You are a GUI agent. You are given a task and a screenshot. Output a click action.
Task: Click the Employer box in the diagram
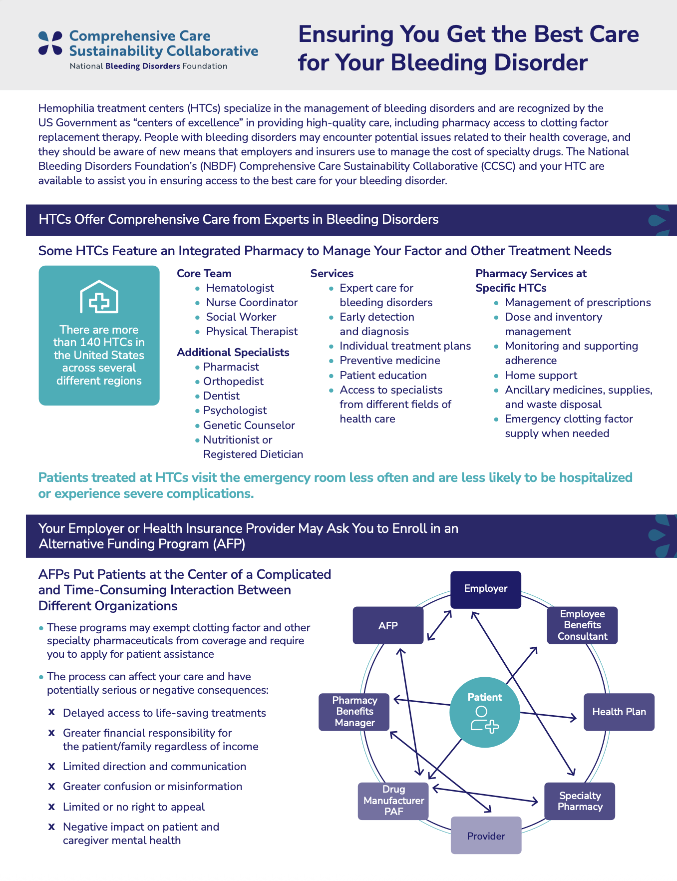(x=486, y=589)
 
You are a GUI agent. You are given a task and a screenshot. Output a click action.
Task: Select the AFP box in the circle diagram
(x=388, y=625)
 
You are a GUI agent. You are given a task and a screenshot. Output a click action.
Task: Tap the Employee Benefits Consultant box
(x=582, y=625)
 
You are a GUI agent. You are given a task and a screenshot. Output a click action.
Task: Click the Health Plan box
(x=619, y=712)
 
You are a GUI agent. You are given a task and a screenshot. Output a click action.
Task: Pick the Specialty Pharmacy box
(x=580, y=801)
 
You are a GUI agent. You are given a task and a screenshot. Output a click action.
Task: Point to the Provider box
(x=486, y=836)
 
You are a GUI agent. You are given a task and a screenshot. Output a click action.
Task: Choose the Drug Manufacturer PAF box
(x=393, y=801)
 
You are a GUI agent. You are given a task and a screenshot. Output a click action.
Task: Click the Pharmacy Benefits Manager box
(x=354, y=712)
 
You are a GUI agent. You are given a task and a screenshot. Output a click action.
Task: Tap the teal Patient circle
(x=485, y=712)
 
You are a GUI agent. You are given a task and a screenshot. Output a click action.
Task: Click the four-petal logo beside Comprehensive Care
(x=50, y=43)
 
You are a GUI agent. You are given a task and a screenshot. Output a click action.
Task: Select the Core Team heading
(x=204, y=274)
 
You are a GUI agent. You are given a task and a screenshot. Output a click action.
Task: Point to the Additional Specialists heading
(x=233, y=353)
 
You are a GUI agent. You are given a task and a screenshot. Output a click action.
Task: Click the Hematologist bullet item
(x=240, y=288)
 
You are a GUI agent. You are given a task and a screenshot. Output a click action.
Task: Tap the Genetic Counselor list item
(x=249, y=426)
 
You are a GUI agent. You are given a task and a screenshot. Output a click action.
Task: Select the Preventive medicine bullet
(x=389, y=361)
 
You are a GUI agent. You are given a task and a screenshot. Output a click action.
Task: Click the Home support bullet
(x=541, y=376)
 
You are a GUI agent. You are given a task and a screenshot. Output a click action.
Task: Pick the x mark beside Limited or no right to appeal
(x=51, y=807)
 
